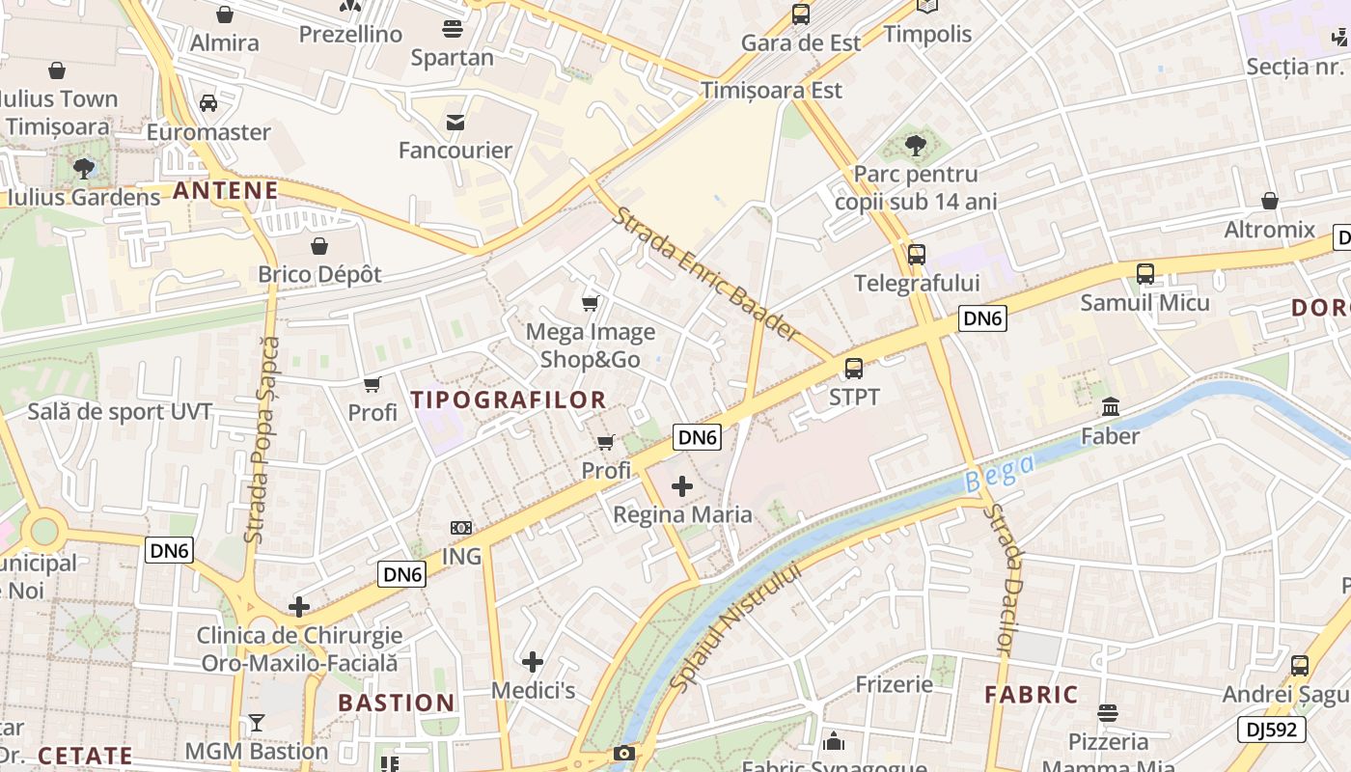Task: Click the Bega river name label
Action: (999, 474)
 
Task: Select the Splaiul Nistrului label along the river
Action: (735, 626)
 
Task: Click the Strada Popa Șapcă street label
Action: (262, 439)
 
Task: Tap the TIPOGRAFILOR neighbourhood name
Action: (509, 400)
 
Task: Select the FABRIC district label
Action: (1031, 695)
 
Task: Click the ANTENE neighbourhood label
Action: (226, 190)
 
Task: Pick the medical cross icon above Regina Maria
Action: (682, 486)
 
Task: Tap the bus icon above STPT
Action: (854, 368)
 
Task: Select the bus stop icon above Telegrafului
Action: (916, 255)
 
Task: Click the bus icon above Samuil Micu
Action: (1144, 274)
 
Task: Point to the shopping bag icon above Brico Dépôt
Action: (319, 245)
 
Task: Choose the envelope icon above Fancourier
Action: (455, 122)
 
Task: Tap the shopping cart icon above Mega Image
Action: (591, 304)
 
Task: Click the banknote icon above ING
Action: (461, 528)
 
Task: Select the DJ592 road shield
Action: (1272, 730)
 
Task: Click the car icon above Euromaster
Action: (208, 103)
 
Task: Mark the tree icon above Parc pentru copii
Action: (916, 146)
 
